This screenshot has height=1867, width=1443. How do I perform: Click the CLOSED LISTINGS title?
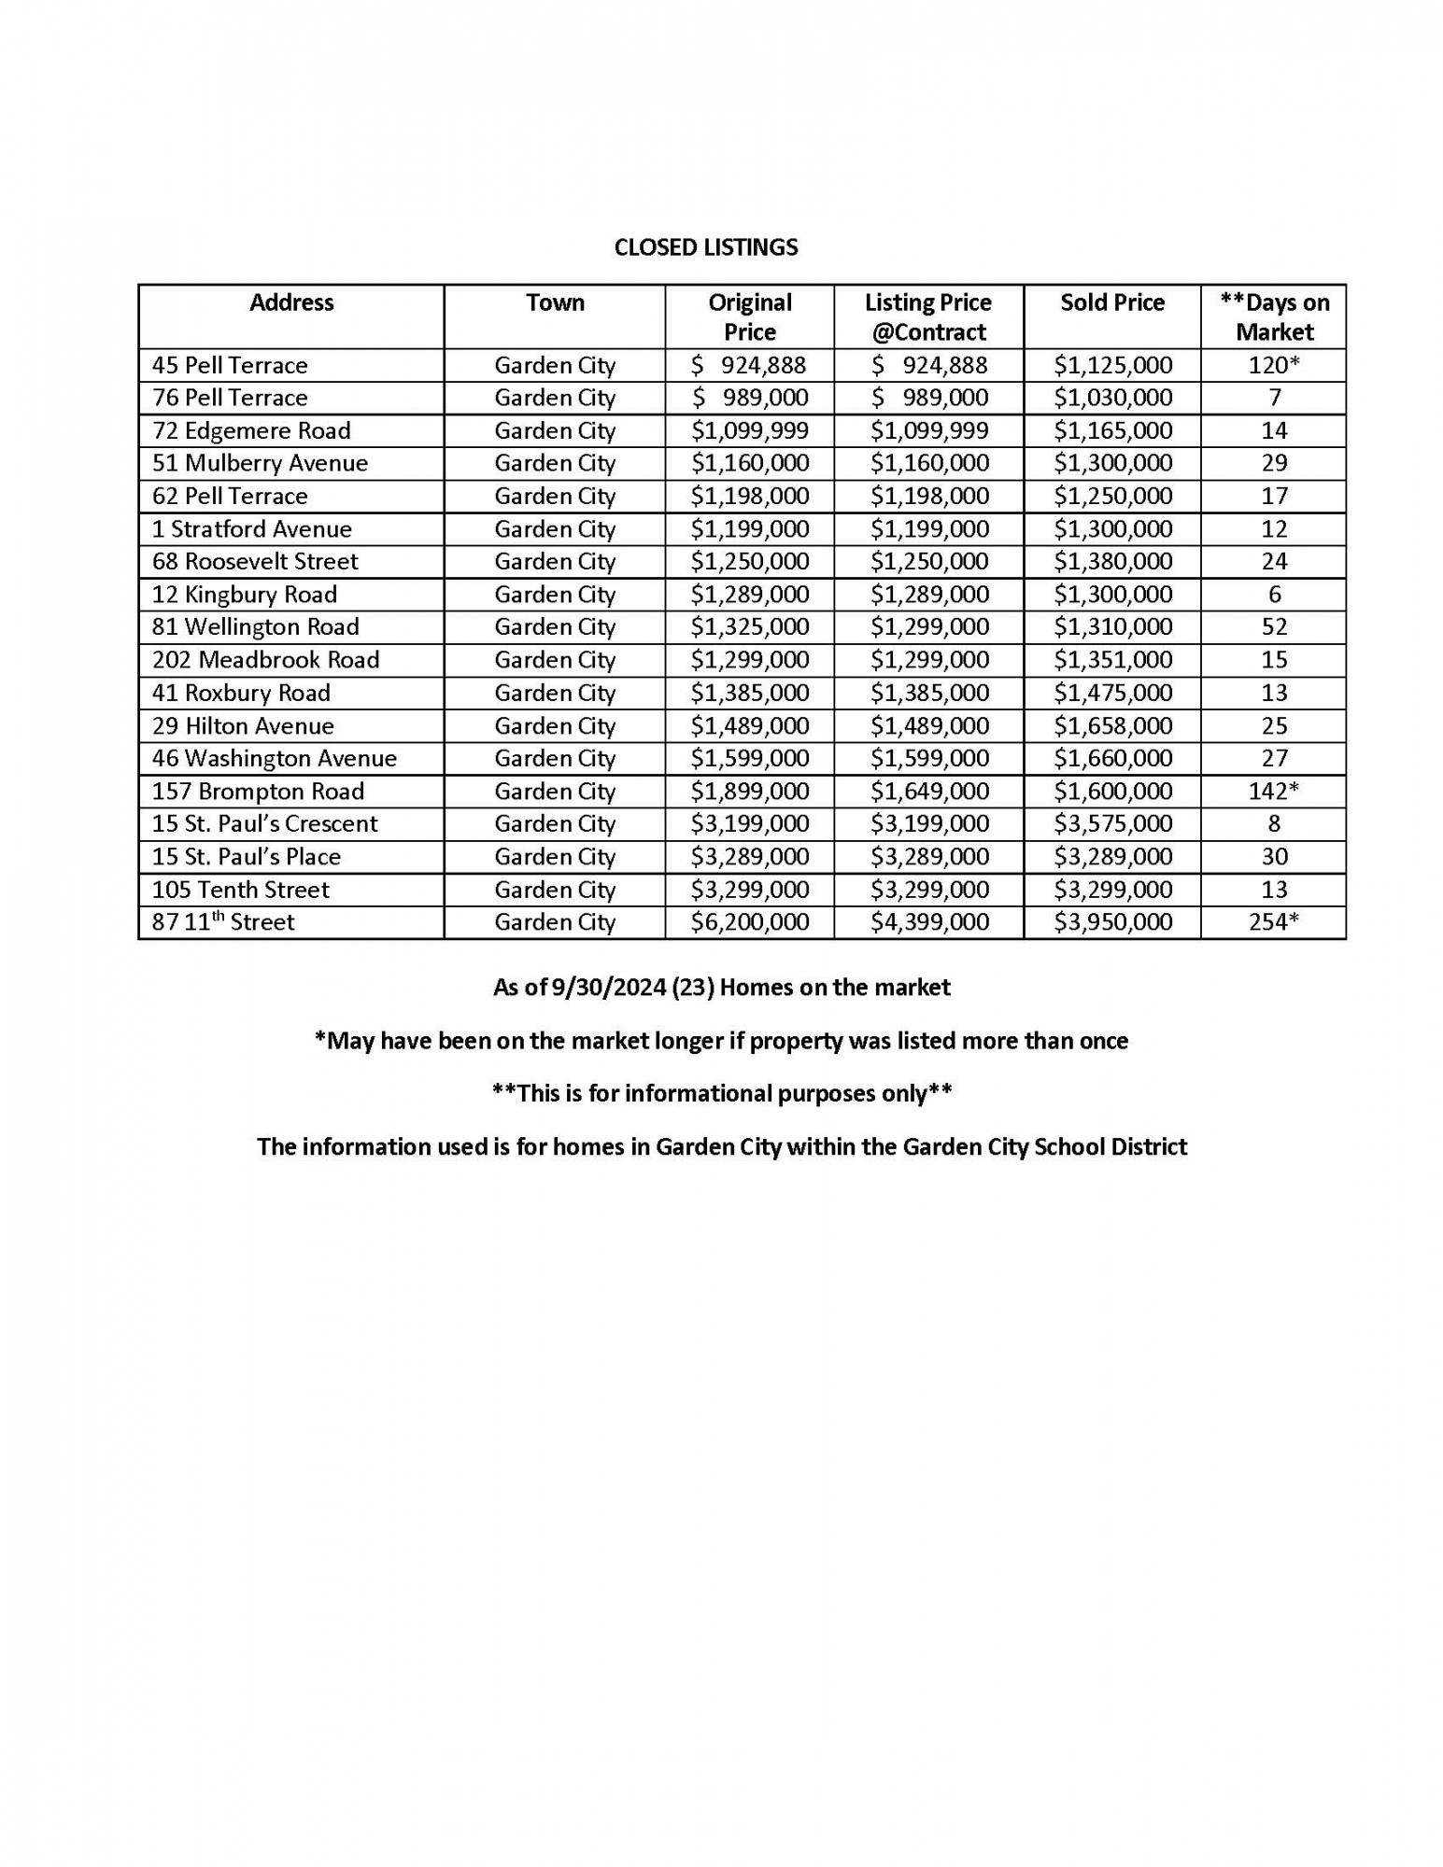coord(706,247)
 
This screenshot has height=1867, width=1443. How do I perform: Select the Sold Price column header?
coord(1111,302)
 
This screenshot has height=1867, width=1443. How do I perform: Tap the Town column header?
coord(555,302)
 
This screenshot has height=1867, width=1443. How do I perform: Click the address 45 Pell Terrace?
coord(230,365)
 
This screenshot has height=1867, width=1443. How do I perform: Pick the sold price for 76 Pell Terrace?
coord(1112,398)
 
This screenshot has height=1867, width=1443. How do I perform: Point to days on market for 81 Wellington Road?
coord(1274,626)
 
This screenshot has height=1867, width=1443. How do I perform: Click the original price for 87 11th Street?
coord(749,922)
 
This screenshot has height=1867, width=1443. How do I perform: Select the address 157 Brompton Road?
coord(258,792)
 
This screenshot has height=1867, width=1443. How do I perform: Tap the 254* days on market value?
coord(1274,922)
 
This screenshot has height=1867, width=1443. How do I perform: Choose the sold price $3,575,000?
coord(1112,823)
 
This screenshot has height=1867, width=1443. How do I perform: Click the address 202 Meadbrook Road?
coord(265,660)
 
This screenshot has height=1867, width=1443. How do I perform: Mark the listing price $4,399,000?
coord(929,922)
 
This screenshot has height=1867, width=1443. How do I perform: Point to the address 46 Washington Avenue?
coord(274,758)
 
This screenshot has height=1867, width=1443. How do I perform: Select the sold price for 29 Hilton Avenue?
coord(1112,725)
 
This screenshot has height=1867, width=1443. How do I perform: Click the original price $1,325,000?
coord(749,626)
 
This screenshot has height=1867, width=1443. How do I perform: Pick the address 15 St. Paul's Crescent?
coord(264,823)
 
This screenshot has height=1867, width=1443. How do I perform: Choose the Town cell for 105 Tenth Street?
coord(555,890)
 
